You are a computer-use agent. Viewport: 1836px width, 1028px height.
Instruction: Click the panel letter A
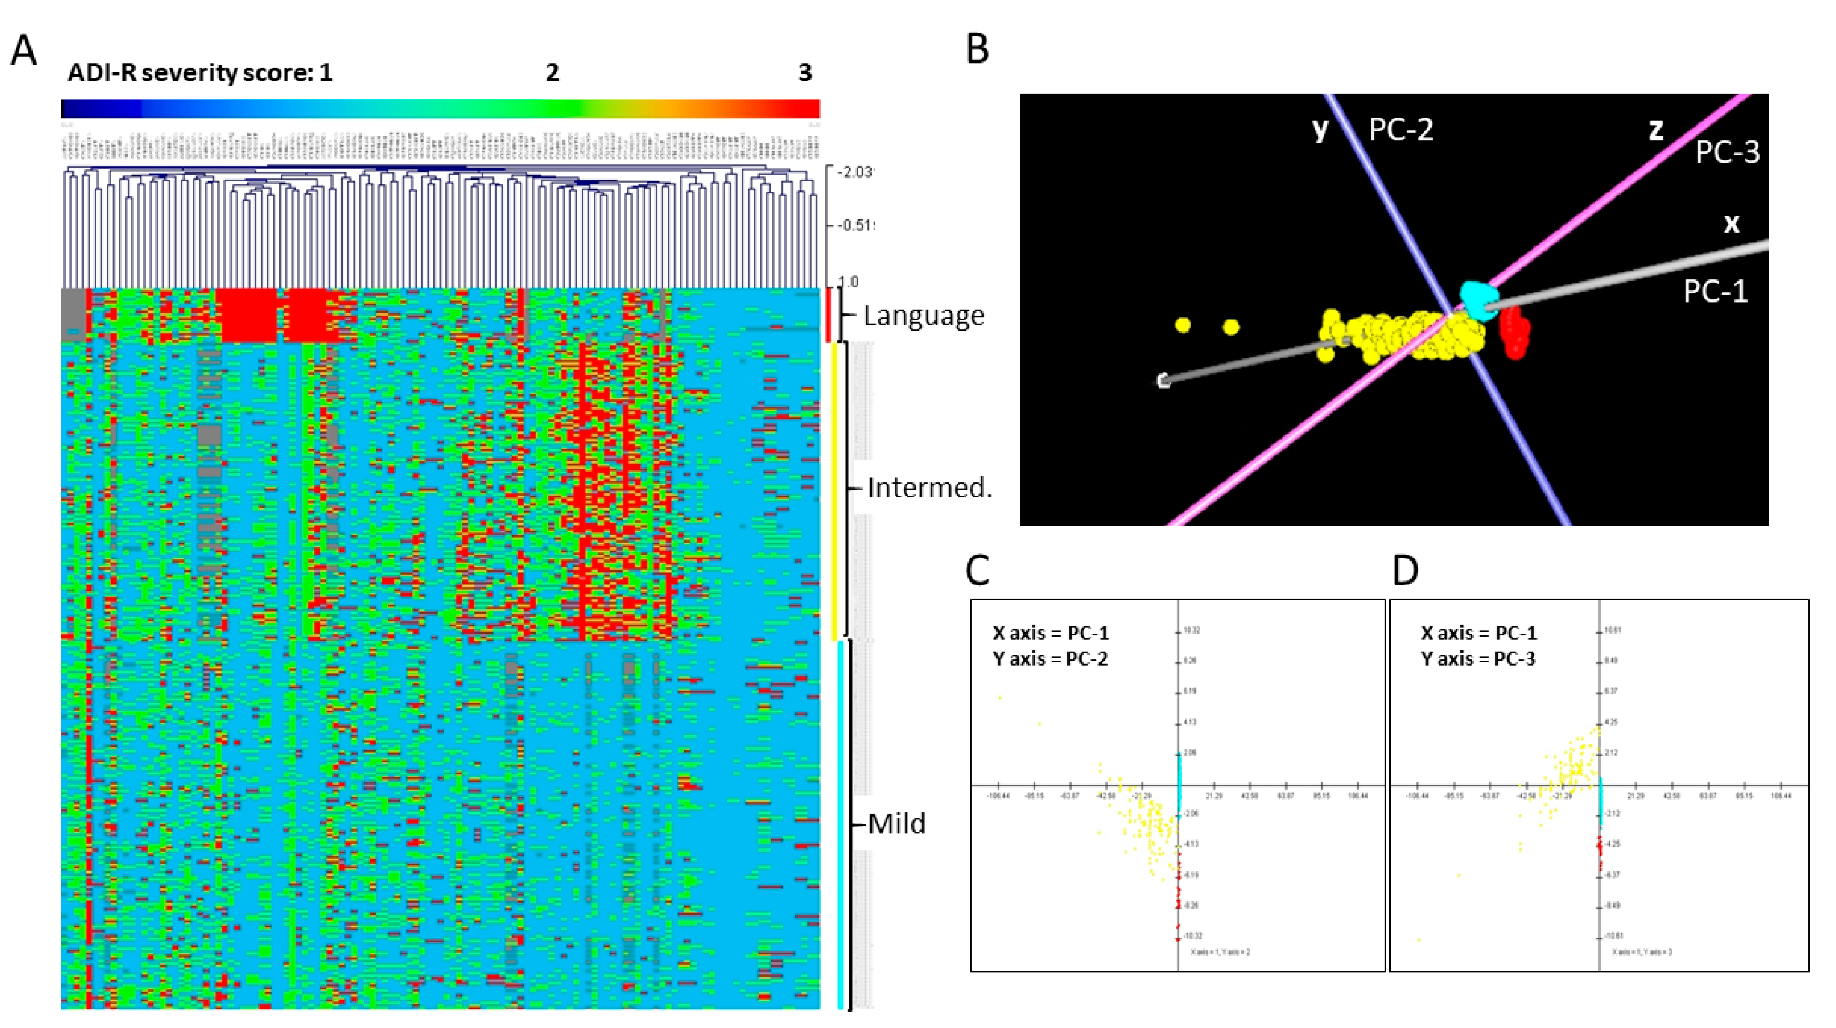coord(24,51)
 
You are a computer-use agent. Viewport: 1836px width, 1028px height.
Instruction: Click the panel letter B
coord(977,50)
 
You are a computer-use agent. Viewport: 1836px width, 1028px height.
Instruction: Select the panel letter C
coord(977,570)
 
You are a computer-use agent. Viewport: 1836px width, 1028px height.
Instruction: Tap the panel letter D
coord(1405,570)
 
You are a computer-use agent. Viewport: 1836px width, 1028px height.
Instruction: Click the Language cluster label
coord(924,315)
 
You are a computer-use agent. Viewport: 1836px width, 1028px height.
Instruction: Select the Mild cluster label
coord(897,824)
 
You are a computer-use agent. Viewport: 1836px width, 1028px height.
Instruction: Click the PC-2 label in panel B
coord(1401,130)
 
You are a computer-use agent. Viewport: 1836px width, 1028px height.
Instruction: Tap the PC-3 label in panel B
coord(1727,152)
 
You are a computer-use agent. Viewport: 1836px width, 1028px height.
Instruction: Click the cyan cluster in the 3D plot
coord(1478,299)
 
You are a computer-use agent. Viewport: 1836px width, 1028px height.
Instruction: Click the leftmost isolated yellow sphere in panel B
coord(1183,326)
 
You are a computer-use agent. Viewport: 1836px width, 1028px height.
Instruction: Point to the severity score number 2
coord(552,72)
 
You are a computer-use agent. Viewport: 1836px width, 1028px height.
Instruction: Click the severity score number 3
coord(805,72)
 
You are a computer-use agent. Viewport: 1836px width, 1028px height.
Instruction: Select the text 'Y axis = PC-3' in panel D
coord(1478,659)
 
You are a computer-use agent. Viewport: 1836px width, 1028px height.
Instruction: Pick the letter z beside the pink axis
coord(1655,129)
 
